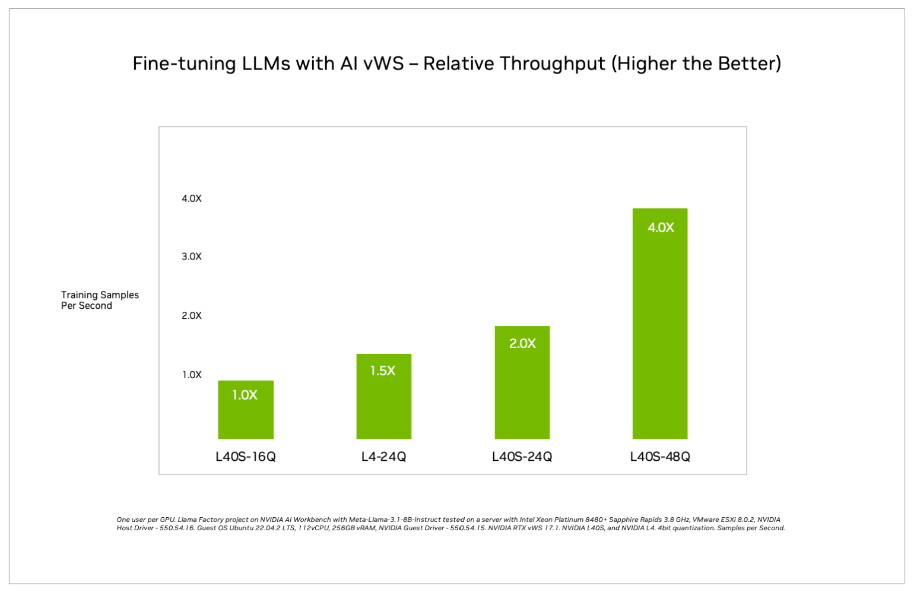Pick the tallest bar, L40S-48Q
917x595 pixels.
coord(659,333)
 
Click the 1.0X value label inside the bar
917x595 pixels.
coord(245,395)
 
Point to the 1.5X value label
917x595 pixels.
coord(383,371)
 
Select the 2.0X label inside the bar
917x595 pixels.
coord(522,343)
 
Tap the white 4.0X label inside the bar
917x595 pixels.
coord(661,227)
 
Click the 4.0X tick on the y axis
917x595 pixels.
coord(192,198)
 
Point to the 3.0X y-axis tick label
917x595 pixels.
coord(192,257)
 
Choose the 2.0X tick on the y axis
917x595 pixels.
coord(192,315)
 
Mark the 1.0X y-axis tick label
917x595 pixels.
coord(192,375)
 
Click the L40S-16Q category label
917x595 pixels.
coord(246,457)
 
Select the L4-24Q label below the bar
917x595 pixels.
coord(383,457)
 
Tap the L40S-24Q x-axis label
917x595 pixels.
coord(522,457)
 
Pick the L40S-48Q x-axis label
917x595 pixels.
coord(660,457)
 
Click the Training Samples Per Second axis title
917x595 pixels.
coord(100,300)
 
